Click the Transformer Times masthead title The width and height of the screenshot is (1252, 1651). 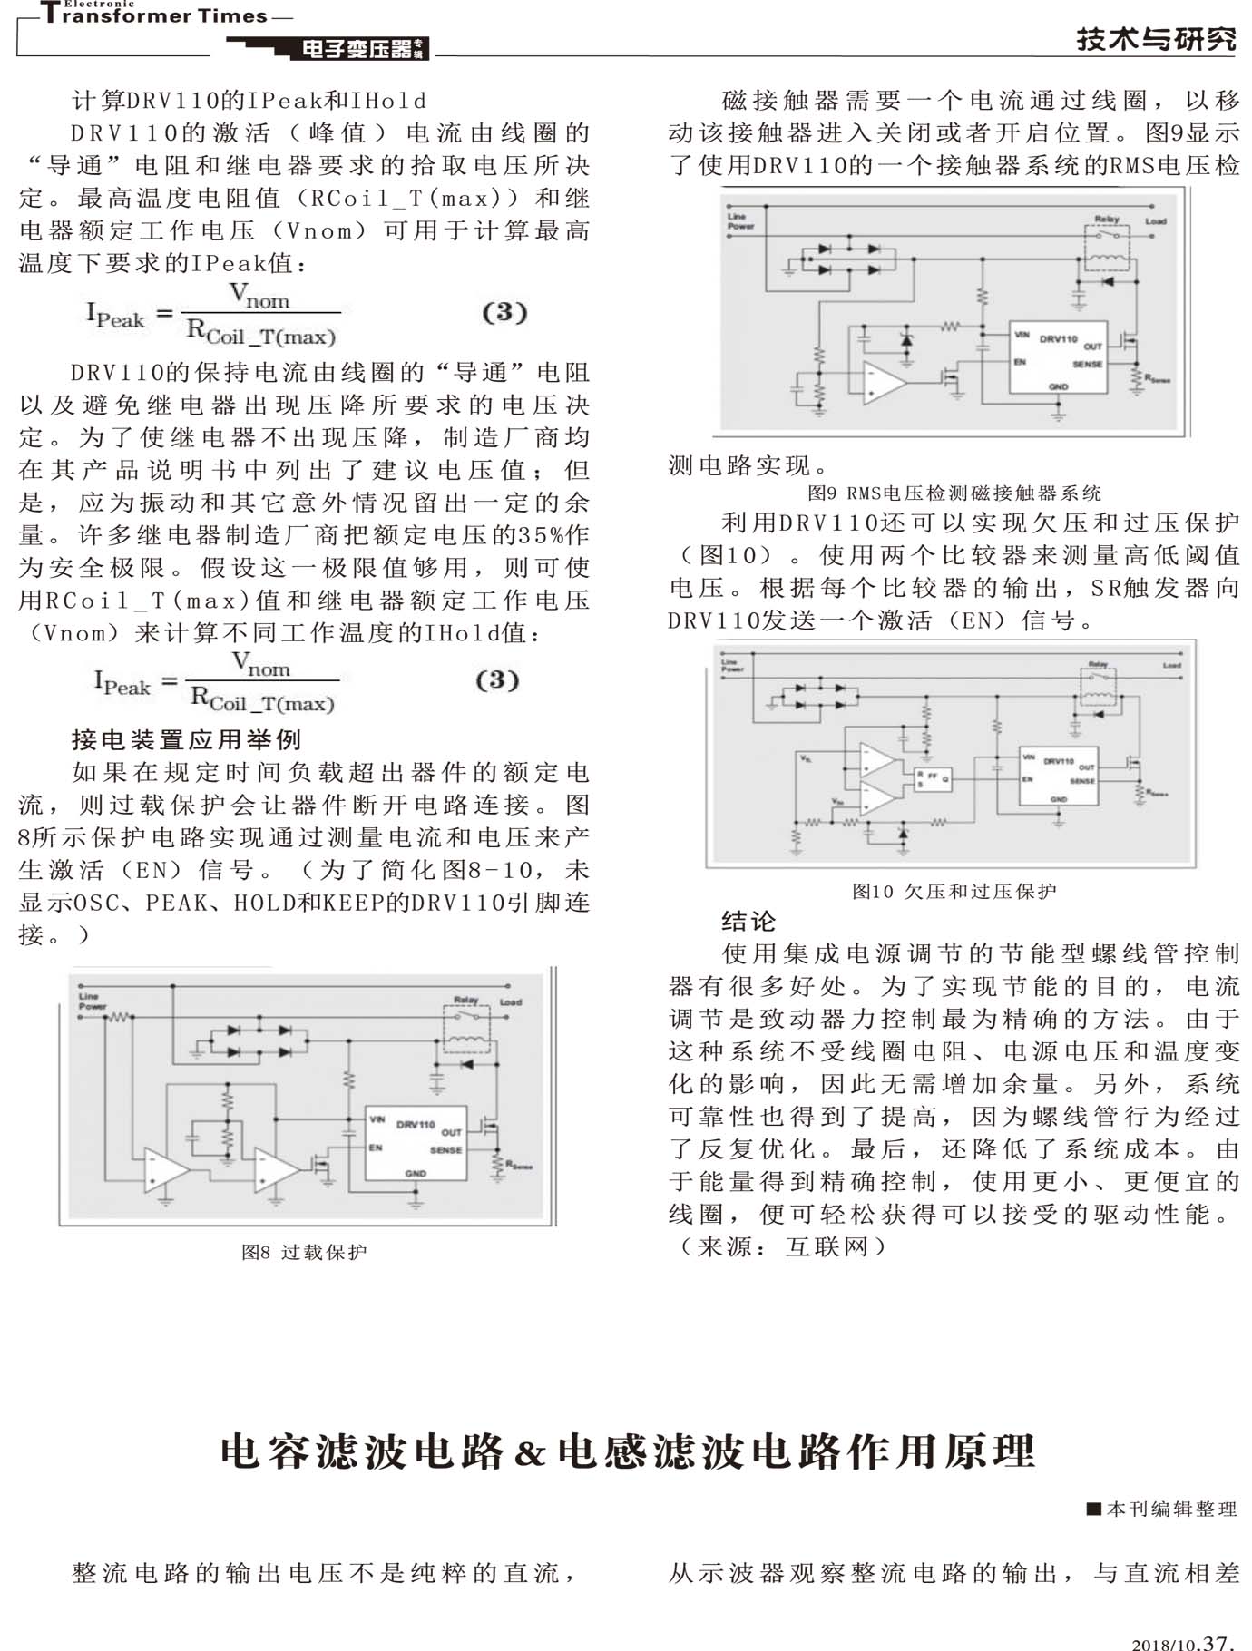click(154, 15)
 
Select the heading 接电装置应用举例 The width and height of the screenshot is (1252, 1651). click(186, 740)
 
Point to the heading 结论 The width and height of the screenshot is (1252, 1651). click(748, 922)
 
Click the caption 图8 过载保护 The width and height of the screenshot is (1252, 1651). click(304, 1252)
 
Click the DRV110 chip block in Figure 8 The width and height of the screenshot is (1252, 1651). click(416, 1142)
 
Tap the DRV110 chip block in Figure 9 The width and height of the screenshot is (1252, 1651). click(1058, 357)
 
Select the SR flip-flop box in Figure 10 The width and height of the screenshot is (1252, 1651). click(932, 778)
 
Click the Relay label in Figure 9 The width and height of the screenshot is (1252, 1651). click(1106, 220)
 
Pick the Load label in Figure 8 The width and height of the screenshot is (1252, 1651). click(511, 1002)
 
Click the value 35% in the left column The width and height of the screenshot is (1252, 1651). click(543, 535)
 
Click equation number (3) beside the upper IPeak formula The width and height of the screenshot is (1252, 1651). click(504, 312)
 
